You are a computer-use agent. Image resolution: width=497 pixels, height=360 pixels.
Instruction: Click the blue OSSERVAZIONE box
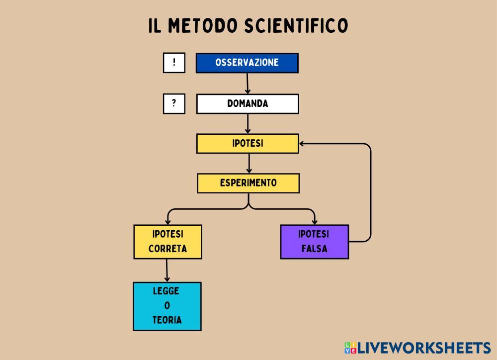[x=247, y=63]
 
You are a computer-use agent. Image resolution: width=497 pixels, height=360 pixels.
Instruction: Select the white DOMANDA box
[x=248, y=104]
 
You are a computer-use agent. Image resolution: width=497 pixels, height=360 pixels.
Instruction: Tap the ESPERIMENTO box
[x=248, y=183]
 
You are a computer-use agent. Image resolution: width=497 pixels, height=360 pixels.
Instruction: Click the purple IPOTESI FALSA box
[x=314, y=242]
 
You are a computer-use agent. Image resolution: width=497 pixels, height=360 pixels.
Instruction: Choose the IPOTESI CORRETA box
[x=167, y=242]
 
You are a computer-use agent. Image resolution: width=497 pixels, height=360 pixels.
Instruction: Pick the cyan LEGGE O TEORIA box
[x=167, y=306]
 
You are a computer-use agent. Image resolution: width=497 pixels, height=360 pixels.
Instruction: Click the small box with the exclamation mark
[x=174, y=63]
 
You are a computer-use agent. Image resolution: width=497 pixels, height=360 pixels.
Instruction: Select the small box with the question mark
[x=174, y=104]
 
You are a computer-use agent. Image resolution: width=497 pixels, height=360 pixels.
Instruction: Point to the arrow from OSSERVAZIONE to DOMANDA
[x=248, y=84]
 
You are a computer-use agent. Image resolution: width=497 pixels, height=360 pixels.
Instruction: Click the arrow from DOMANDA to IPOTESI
[x=248, y=124]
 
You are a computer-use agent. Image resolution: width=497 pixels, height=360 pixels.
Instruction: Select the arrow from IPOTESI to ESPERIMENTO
[x=248, y=164]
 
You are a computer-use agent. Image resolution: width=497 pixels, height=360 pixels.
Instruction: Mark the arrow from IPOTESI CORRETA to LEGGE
[x=167, y=270]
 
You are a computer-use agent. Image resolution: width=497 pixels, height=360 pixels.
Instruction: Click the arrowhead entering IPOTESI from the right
[x=303, y=144]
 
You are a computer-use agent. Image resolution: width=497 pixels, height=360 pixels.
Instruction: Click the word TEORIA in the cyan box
[x=167, y=320]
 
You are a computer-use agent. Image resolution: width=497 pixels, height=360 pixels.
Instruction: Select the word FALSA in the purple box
[x=314, y=249]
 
